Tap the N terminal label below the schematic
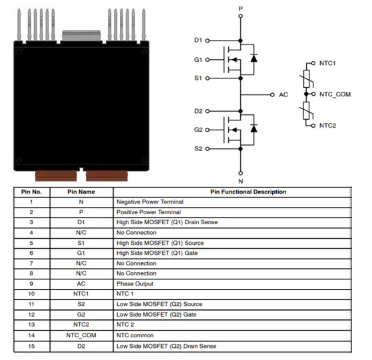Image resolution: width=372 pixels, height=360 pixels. coord(240,180)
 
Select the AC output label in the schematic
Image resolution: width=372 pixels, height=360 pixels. coord(283,95)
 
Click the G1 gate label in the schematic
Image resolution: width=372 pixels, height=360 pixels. coord(198,59)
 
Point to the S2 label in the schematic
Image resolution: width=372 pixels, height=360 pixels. coord(198,148)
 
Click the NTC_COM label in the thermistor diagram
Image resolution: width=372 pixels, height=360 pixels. coord(335,94)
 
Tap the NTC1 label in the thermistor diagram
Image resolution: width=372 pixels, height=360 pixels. coord(327,63)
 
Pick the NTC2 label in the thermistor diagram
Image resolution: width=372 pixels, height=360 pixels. coord(327,125)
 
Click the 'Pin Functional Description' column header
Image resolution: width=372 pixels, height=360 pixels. coord(248,192)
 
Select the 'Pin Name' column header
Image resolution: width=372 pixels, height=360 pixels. coord(82,192)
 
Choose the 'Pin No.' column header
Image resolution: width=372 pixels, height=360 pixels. coord(31,192)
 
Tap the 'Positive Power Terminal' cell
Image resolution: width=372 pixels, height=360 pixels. coord(148,212)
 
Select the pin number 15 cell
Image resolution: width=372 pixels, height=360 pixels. coord(31,345)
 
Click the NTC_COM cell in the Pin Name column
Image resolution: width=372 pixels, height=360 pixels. coord(82,335)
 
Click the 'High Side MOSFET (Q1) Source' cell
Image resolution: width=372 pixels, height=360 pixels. coord(160,243)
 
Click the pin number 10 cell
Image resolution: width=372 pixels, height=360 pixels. coord(31,294)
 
